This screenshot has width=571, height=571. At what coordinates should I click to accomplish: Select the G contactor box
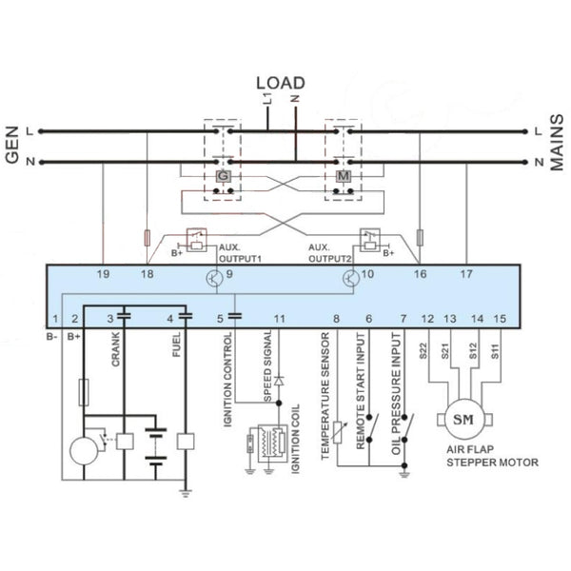coord(223,176)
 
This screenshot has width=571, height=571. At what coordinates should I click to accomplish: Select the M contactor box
coord(343,176)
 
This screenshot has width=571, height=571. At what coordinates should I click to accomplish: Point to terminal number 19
coord(103,275)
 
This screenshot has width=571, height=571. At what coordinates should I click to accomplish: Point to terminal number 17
coord(466,275)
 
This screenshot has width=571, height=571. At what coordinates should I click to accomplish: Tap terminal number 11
coord(279,319)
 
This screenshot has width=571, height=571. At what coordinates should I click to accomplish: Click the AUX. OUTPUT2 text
coord(330,251)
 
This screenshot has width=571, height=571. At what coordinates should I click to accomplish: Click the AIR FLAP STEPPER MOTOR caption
coord(492,456)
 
